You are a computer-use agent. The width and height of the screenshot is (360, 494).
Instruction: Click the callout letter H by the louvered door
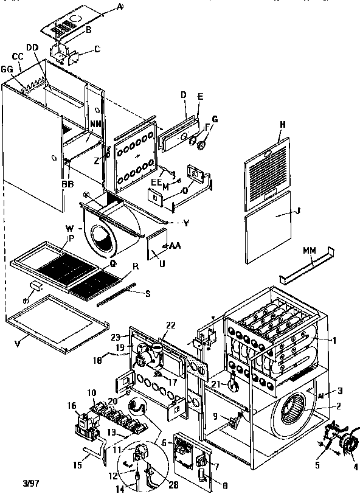282,124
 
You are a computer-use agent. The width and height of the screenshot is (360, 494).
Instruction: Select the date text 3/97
14,484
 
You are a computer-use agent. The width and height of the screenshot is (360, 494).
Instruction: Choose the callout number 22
170,325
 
